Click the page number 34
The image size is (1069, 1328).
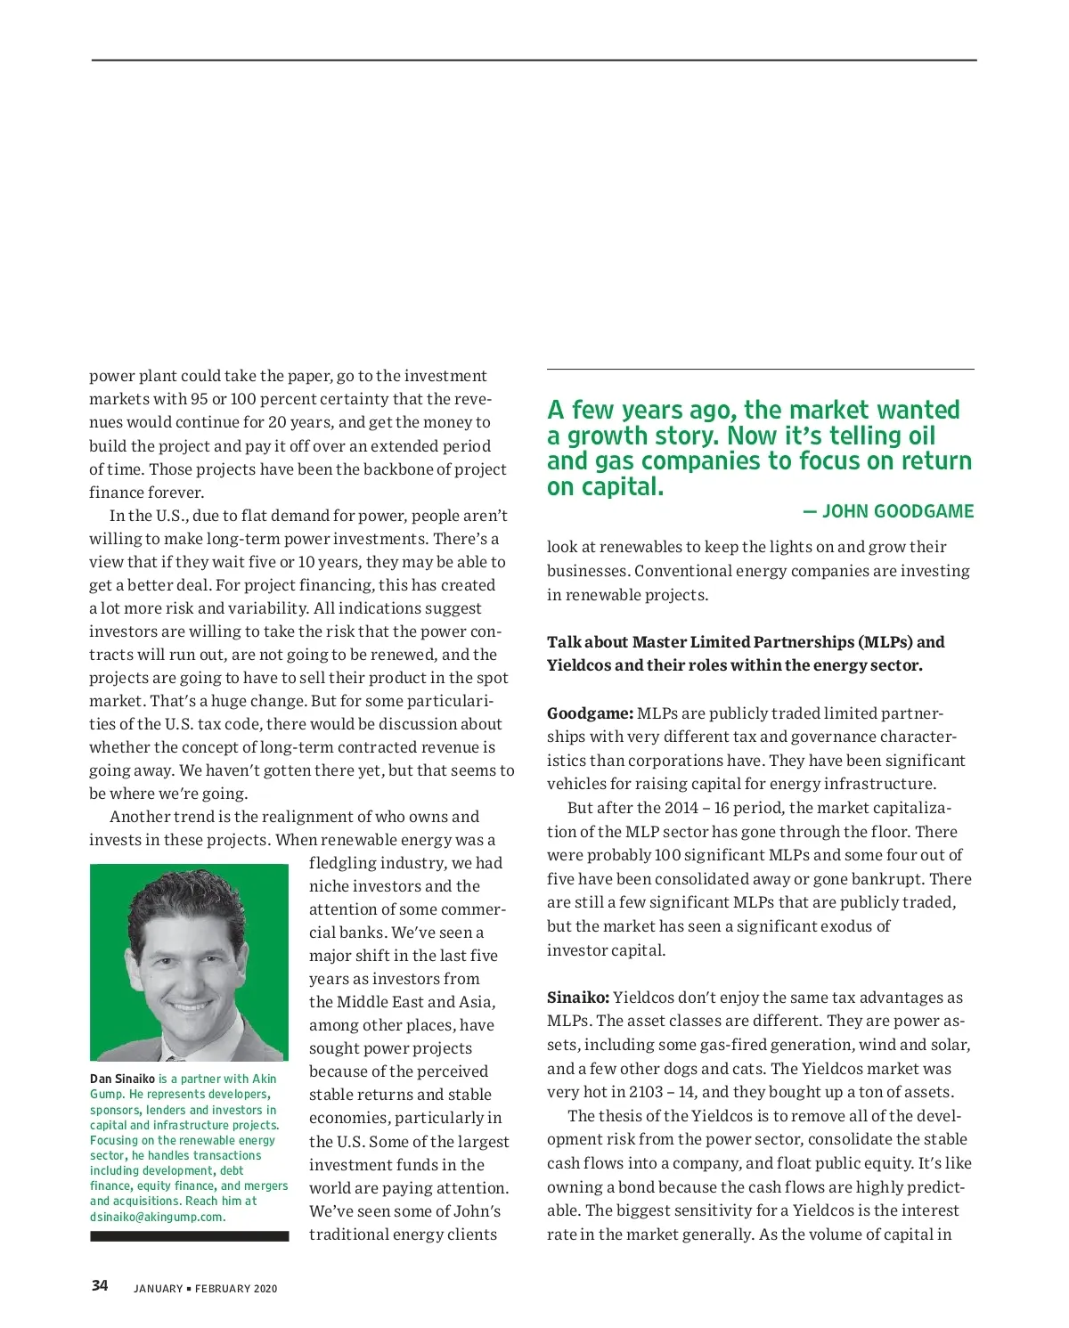point(100,1285)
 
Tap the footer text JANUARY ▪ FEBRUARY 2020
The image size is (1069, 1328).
point(205,1289)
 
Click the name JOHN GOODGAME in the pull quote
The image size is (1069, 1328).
point(897,511)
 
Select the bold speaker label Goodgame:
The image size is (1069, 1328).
point(590,713)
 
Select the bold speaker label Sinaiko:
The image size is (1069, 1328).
point(578,998)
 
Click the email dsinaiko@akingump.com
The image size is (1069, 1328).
point(158,1217)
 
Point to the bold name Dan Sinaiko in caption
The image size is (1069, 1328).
point(122,1079)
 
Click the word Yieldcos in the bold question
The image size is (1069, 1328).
point(579,665)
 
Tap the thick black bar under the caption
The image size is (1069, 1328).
point(189,1236)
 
